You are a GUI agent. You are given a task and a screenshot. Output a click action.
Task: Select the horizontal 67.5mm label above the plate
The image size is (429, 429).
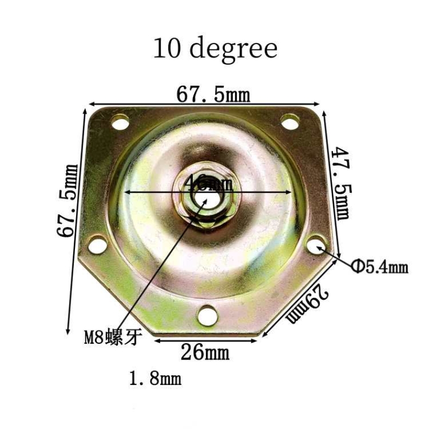tap(213, 94)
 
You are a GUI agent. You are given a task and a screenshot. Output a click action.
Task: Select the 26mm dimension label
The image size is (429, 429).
tap(205, 353)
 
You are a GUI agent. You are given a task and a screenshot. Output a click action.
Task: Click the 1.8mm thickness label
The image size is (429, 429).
tap(155, 378)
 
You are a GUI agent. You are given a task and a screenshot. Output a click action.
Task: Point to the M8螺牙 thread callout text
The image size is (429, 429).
tap(113, 338)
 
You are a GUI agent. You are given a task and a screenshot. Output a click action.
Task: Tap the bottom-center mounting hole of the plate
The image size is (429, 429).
tap(207, 314)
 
